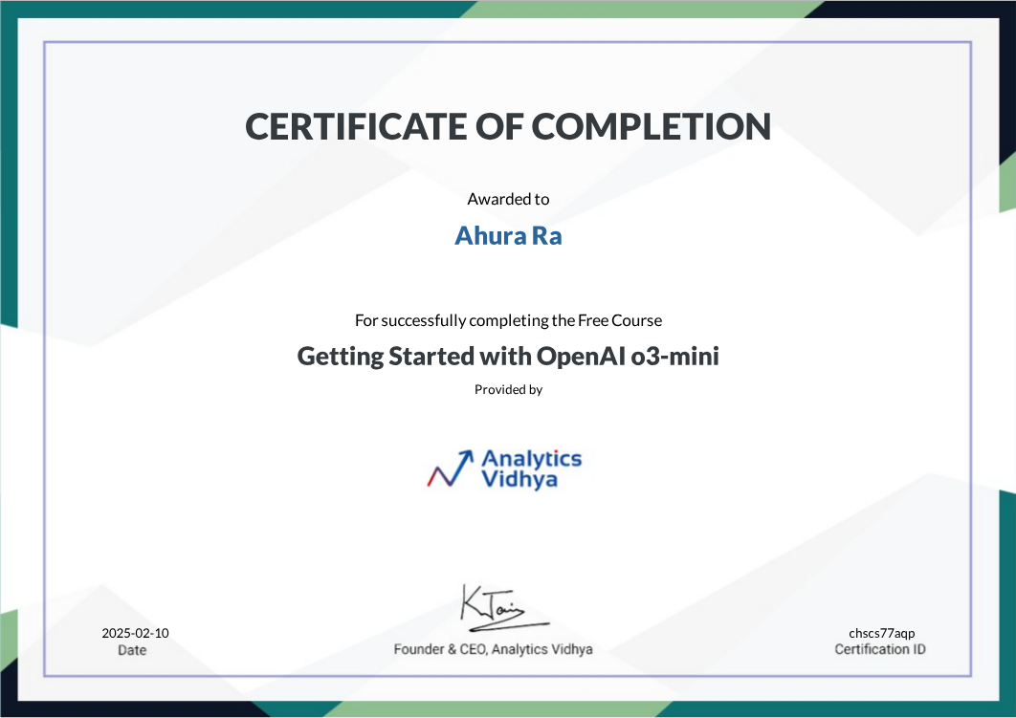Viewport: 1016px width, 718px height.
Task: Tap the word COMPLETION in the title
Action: point(652,126)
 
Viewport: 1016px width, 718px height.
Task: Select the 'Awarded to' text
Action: point(508,199)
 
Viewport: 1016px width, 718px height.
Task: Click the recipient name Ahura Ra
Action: point(508,235)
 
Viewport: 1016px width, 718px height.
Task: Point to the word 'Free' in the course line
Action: point(592,320)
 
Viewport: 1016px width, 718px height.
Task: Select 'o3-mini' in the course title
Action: point(674,357)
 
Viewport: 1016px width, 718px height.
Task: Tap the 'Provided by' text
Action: point(508,390)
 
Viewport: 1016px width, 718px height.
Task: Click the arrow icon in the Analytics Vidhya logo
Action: point(451,468)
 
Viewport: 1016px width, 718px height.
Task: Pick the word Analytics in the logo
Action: point(531,459)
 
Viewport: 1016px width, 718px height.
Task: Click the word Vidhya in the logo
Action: point(519,479)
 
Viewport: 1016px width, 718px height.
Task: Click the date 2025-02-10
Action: point(136,633)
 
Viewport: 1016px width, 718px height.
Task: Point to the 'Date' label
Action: point(132,650)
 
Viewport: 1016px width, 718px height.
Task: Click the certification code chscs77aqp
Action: point(881,633)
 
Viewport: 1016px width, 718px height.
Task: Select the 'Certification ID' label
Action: point(880,649)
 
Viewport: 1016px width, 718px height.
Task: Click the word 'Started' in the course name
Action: point(431,357)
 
